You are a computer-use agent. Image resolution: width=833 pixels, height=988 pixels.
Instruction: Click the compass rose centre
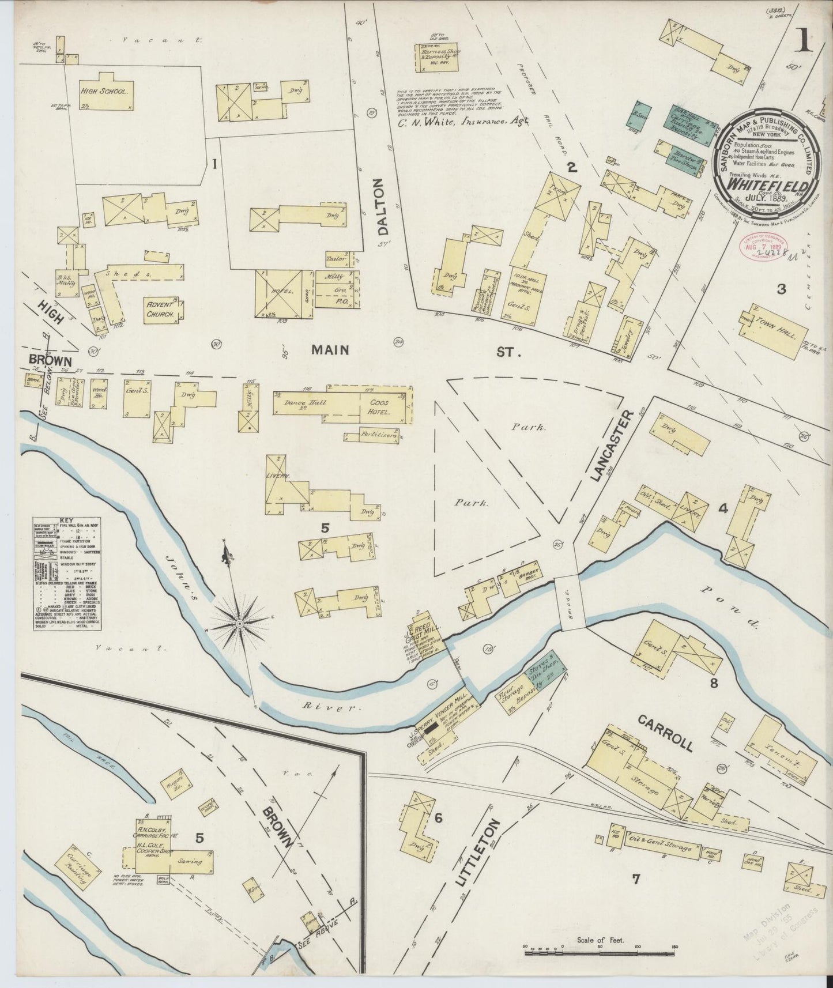pyautogui.click(x=239, y=624)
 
